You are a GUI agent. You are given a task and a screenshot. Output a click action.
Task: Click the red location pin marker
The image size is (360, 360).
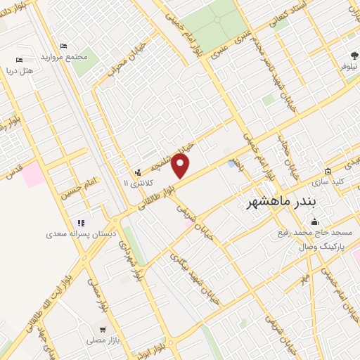(x=181, y=166)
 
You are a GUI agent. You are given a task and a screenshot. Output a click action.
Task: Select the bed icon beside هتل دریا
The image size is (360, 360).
(x=19, y=60)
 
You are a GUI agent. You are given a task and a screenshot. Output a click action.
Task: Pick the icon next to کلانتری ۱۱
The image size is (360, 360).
(x=138, y=172)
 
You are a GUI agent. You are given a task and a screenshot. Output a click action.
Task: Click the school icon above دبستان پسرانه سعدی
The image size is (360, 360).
(x=79, y=222)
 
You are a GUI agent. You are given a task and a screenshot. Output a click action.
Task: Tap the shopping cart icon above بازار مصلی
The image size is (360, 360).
(x=103, y=329)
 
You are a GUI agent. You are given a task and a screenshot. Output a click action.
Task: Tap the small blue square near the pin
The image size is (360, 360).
(x=232, y=164)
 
